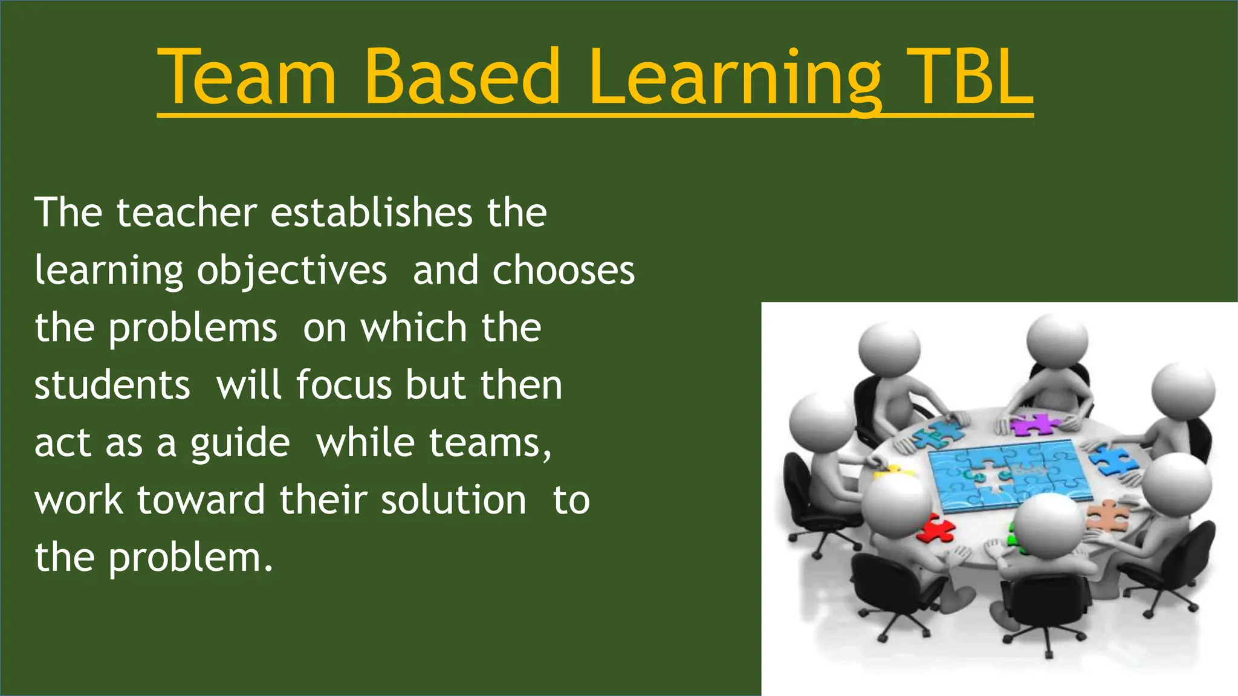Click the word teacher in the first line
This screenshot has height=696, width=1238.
coord(187,213)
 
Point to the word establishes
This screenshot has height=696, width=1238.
coord(371,213)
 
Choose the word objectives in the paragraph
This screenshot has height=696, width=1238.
coord(292,271)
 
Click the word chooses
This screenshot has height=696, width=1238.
coord(563,270)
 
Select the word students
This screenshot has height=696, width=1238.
coord(112,385)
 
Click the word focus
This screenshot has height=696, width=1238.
coord(343,385)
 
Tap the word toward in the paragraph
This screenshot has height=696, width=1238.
coord(201,500)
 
